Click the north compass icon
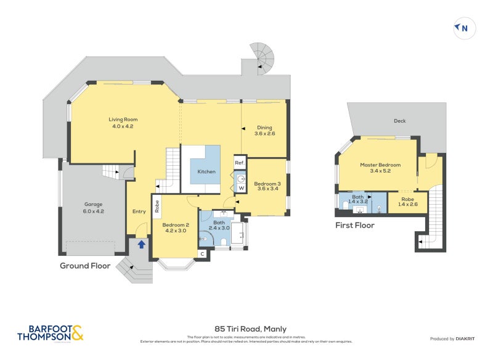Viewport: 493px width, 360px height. tap(464, 28)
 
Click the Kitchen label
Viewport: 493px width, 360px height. tap(206, 171)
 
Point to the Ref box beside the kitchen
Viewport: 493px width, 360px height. tap(240, 163)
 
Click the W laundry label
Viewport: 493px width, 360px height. tap(241, 187)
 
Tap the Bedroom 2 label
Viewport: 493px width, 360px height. tap(175, 225)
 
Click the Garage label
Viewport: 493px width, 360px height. tap(93, 204)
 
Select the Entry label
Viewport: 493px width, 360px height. tap(139, 211)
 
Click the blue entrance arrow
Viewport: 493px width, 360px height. tap(142, 244)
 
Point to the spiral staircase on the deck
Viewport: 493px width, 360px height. tap(263, 57)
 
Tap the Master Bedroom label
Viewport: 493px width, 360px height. tap(380, 165)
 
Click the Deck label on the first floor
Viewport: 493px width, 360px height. tap(399, 121)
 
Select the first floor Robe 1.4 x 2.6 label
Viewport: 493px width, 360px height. tap(407, 200)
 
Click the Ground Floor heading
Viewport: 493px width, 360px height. tap(85, 266)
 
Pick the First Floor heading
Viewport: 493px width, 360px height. tap(354, 226)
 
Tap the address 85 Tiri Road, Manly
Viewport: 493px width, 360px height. tap(246, 329)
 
